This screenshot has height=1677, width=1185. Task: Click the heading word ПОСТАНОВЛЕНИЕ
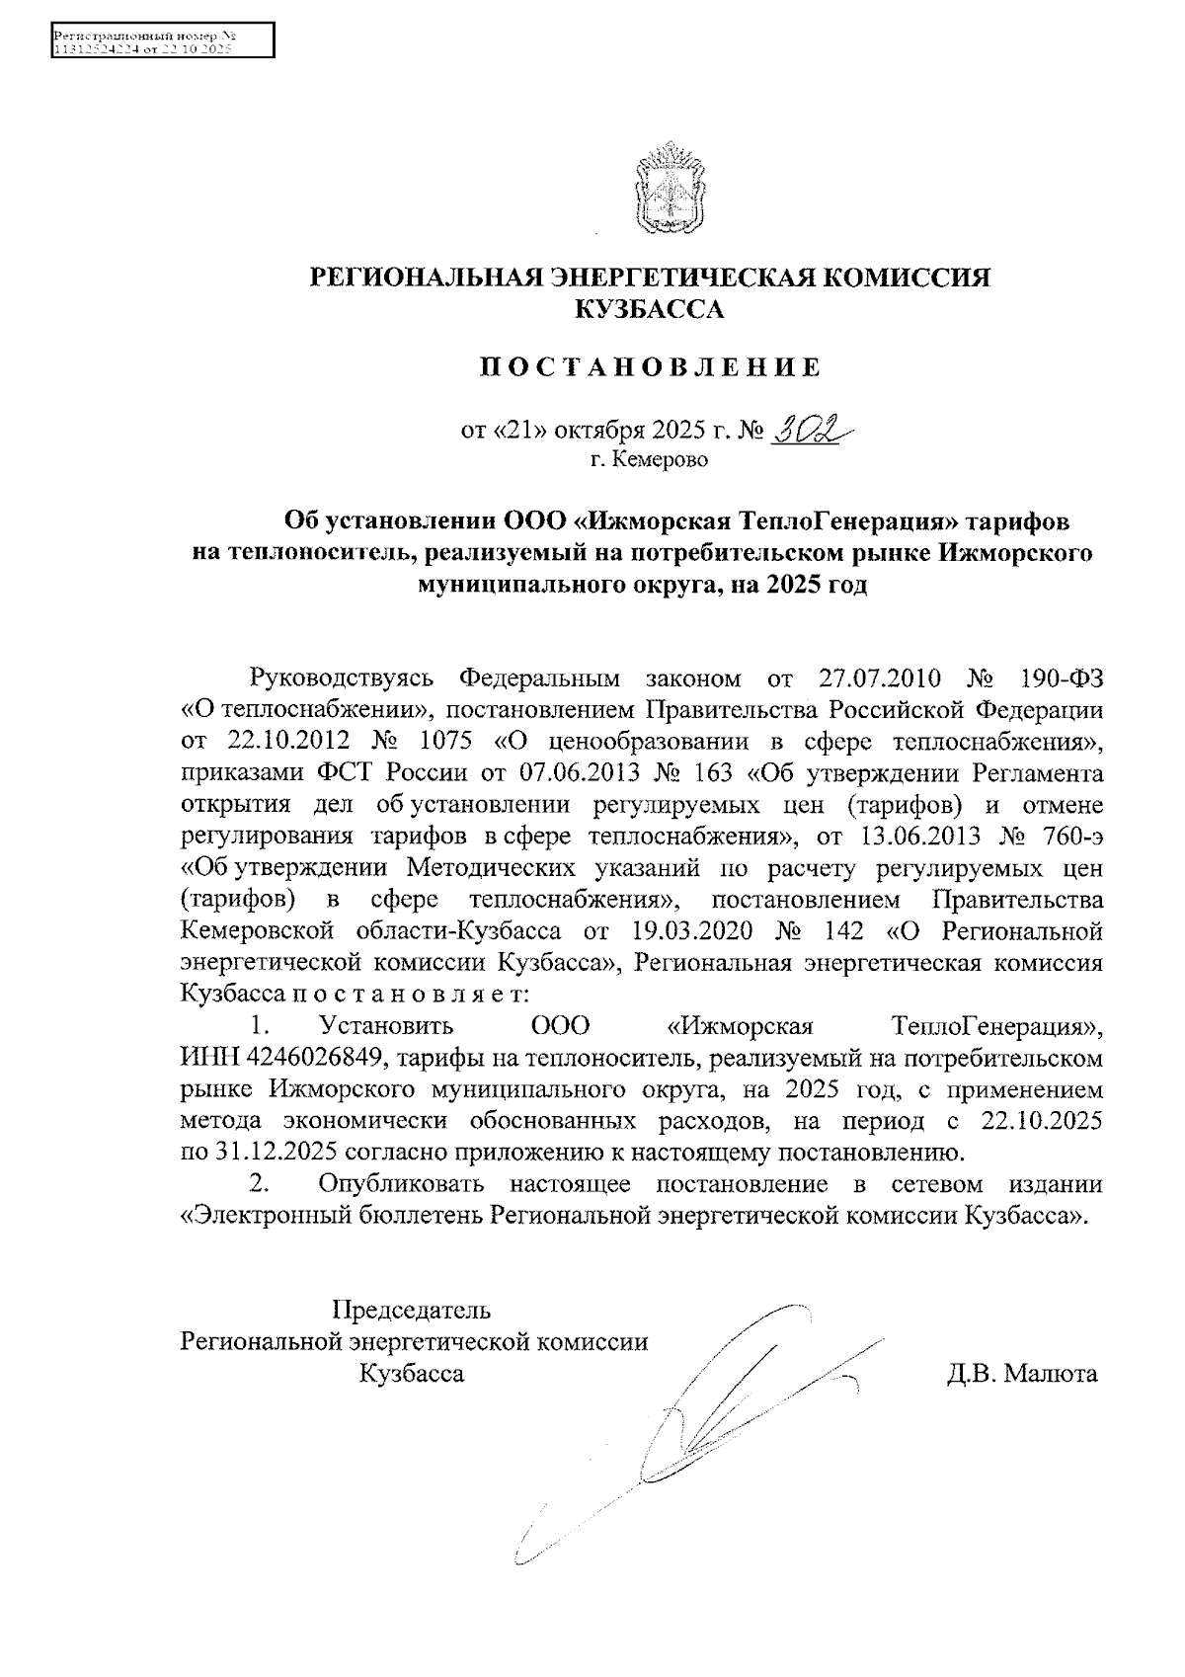click(x=650, y=369)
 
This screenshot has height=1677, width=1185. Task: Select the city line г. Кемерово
click(x=649, y=460)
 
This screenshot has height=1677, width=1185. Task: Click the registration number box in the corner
click(x=162, y=42)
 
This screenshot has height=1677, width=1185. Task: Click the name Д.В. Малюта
click(x=1021, y=1374)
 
